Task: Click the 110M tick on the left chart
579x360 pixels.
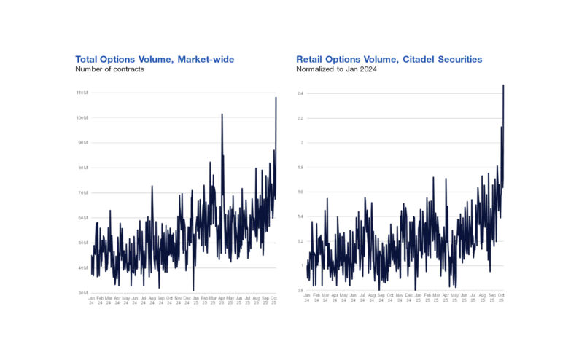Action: tap(81, 93)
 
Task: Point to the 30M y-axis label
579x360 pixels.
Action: tap(82, 292)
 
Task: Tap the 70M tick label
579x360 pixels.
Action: tap(82, 192)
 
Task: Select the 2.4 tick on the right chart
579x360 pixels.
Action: tap(300, 93)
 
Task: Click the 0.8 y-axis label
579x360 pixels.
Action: tap(300, 290)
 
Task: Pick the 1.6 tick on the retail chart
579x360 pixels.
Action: tap(300, 192)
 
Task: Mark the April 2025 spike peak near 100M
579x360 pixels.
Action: tap(222, 114)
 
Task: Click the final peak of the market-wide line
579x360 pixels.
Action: tap(276, 98)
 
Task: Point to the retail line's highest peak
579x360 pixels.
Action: tap(503, 85)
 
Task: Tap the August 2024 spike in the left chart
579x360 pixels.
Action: tap(152, 186)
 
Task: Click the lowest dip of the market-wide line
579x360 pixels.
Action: tap(193, 290)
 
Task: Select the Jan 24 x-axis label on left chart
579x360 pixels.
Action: tap(91, 300)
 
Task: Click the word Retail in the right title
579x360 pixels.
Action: tap(311, 58)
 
